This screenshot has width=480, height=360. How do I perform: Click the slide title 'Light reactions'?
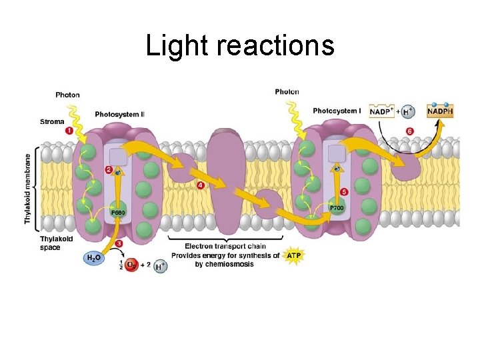[240, 46]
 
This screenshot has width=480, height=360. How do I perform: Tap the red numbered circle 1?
[69, 131]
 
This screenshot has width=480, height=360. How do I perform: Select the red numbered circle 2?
[109, 170]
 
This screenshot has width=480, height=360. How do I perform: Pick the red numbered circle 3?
[119, 244]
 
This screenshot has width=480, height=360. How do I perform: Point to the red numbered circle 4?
[201, 185]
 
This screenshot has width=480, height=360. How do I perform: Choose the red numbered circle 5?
[344, 192]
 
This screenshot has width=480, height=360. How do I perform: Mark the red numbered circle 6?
[409, 131]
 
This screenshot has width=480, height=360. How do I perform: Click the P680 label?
[118, 213]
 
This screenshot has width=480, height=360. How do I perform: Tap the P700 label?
[337, 209]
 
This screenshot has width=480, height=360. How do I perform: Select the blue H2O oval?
[94, 257]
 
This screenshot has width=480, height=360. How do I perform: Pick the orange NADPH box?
[440, 111]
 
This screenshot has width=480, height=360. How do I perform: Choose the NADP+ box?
[381, 111]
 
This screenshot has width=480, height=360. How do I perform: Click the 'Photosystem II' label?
[120, 115]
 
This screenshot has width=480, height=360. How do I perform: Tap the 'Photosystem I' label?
[337, 111]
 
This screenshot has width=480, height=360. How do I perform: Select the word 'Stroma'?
[52, 122]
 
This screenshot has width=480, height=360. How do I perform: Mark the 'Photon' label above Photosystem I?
[287, 92]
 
